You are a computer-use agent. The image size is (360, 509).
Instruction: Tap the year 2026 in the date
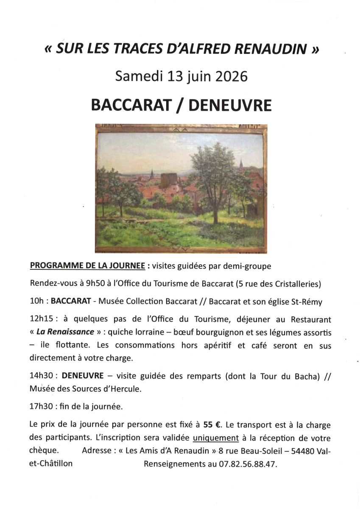tap(229, 76)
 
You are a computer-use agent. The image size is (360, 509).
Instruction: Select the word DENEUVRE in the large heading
tap(229, 105)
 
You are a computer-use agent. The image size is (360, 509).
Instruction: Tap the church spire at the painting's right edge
tap(241, 165)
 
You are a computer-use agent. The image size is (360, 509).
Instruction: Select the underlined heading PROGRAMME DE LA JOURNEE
tap(88, 266)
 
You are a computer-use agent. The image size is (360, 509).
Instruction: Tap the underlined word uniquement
tap(216, 438)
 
